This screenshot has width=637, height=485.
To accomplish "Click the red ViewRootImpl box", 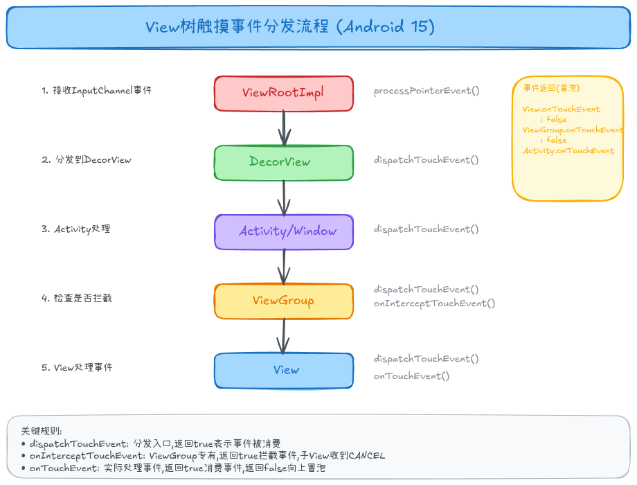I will tap(283, 94).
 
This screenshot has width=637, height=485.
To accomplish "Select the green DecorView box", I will tap(283, 162).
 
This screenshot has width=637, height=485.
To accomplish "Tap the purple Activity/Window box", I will tap(283, 231).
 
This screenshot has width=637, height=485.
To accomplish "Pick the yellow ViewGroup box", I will tap(283, 301).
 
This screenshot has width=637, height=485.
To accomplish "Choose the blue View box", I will tap(283, 370).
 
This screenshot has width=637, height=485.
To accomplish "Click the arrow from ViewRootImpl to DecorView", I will tap(283, 128).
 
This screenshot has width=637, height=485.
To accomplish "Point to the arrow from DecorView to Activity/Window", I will tap(283, 197).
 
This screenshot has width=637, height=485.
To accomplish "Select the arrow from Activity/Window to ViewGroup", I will tap(283, 267).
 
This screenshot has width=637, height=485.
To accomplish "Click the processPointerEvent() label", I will tap(427, 91).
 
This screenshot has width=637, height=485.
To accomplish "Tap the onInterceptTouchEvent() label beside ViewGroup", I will tap(435, 303).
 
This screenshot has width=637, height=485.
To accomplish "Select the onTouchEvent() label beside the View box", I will tap(411, 376).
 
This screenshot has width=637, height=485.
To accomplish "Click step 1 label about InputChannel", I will tap(96, 91).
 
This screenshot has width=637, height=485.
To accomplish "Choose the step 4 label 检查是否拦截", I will tap(76, 299).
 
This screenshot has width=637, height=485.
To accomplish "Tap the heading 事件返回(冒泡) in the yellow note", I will tap(551, 89).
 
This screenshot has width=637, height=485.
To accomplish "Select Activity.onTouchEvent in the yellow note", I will tap(568, 151).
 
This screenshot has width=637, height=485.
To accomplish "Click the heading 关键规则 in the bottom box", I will tap(41, 430).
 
